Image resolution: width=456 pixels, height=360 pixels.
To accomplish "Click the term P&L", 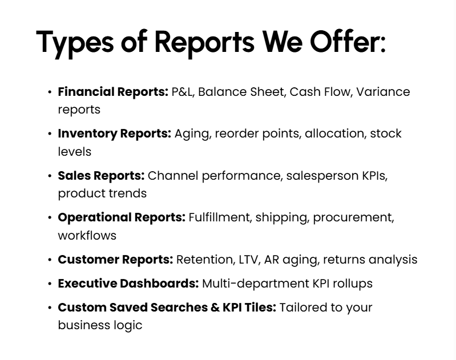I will [x=183, y=92].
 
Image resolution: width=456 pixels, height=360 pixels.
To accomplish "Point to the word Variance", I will [x=384, y=92].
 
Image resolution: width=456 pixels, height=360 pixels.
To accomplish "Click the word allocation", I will [x=334, y=134].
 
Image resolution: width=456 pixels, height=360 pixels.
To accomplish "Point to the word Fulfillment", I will [x=220, y=217].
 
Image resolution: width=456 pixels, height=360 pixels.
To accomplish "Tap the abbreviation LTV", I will [x=247, y=260].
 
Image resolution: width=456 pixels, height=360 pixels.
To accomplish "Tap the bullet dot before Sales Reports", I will [x=50, y=176].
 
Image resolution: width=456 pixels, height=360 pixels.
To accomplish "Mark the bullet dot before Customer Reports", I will [x=50, y=260].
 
